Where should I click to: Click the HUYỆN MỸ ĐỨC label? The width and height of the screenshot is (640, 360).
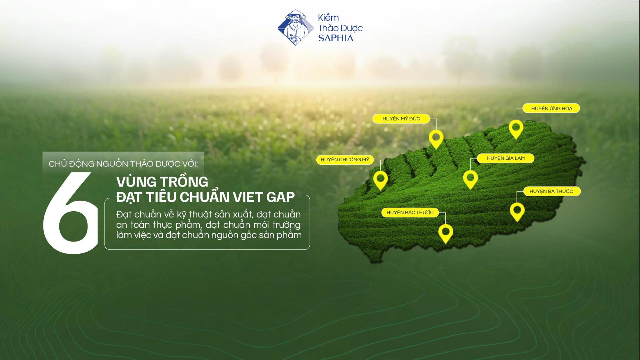(401, 119)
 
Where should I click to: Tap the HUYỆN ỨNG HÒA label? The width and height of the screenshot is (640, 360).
(551, 108)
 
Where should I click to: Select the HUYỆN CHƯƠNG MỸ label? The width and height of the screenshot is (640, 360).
(345, 160)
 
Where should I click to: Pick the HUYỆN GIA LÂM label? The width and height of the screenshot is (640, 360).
(506, 158)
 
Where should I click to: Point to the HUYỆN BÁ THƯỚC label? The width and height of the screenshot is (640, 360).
(552, 191)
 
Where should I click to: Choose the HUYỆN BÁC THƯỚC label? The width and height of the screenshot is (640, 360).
(410, 212)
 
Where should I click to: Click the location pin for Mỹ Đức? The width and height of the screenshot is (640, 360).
(436, 138)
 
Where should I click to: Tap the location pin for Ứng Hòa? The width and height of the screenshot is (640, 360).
(516, 128)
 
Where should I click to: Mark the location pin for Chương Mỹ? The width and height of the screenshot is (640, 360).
(381, 180)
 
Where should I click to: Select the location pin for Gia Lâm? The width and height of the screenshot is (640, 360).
(470, 179)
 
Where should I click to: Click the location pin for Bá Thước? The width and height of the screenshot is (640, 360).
(517, 211)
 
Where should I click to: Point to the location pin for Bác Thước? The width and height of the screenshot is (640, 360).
(446, 233)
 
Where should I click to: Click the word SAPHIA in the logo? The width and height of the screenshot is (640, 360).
(336, 38)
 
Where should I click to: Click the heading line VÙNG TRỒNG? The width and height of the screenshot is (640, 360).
(162, 182)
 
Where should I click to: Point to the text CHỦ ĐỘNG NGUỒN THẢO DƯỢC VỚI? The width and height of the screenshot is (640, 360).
(123, 164)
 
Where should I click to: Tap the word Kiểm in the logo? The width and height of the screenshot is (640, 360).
(328, 17)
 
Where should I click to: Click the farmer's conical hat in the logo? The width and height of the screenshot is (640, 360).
(296, 14)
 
